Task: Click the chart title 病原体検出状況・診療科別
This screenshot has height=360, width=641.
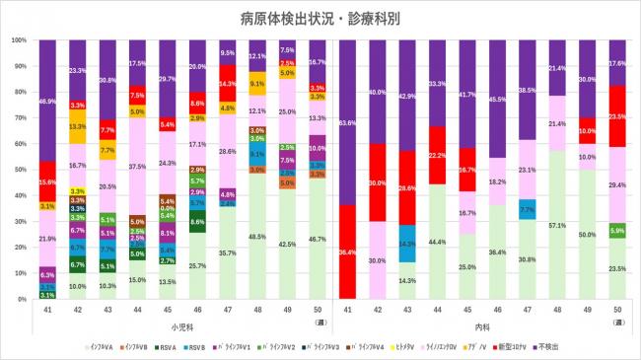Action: coord(320,18)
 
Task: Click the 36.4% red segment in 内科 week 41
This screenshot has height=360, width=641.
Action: coord(346,252)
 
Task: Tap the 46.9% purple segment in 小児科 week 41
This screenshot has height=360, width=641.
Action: coord(46,101)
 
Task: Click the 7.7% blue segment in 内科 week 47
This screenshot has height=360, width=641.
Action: coord(527,209)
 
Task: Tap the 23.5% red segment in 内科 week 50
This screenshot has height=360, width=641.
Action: coord(618,115)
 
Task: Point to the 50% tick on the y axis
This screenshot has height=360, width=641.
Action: coord(22,170)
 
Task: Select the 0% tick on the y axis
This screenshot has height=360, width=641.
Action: coord(24,298)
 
